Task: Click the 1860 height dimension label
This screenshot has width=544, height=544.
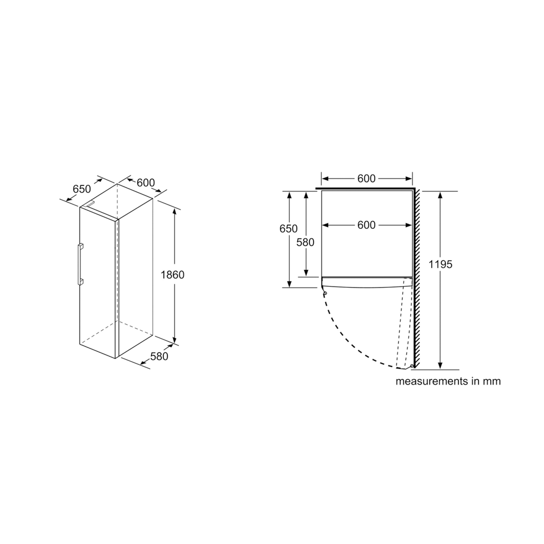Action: [172, 275]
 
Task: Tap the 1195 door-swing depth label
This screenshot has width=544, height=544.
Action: [440, 264]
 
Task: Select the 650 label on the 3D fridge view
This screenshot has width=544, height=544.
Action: [82, 189]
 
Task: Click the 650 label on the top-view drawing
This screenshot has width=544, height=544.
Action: [288, 228]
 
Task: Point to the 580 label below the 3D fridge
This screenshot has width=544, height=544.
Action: [159, 356]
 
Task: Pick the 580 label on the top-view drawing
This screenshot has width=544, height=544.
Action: [305, 242]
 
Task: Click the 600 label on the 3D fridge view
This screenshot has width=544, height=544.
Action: [146, 183]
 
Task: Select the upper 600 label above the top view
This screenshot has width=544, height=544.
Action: [366, 179]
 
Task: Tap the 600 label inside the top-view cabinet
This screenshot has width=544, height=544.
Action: [366, 225]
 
